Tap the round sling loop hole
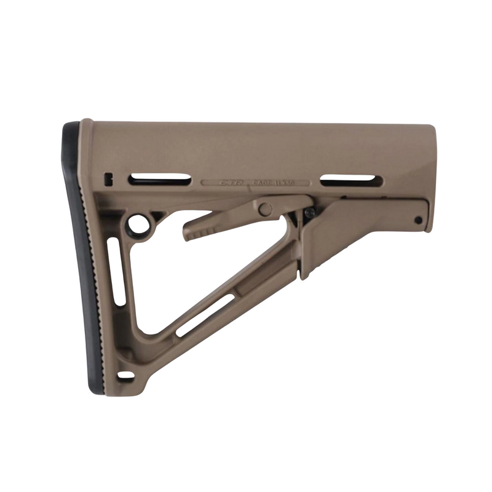pyautogui.click(x=139, y=224)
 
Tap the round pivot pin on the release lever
pyautogui.click(x=265, y=209)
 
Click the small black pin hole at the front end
pyautogui.click(x=418, y=220)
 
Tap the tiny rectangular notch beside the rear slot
pyautogui.click(x=109, y=179)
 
